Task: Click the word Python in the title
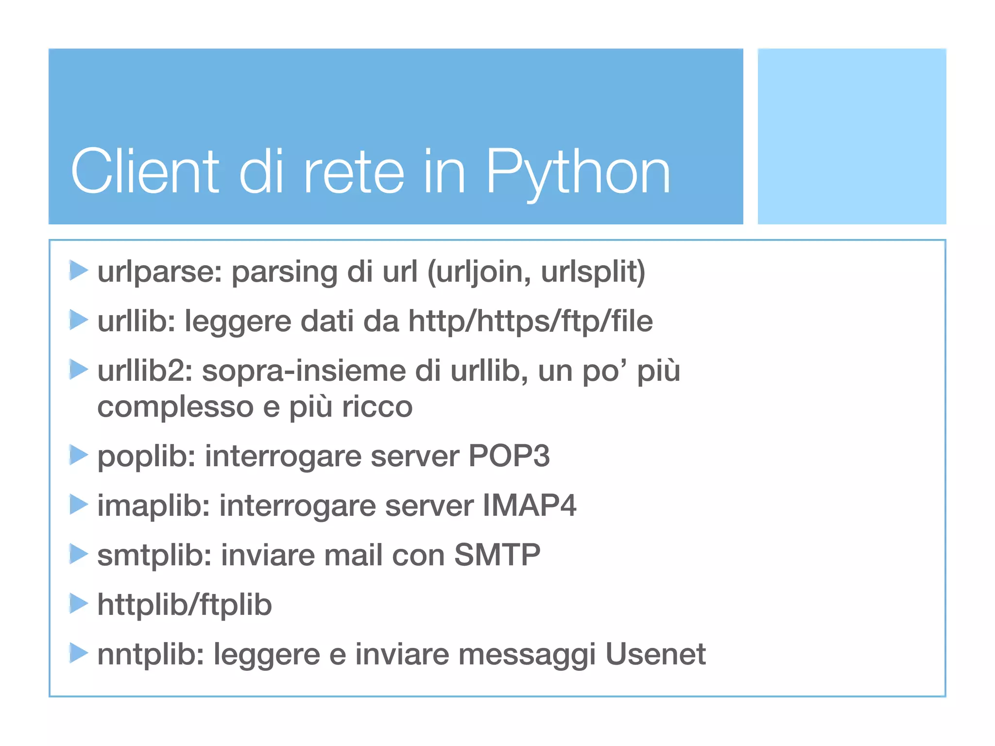click(x=578, y=172)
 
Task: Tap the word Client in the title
click(x=145, y=172)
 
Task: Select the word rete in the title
click(x=353, y=172)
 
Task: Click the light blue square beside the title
click(x=852, y=136)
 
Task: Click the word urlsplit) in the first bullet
click(x=593, y=271)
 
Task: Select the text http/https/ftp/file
click(x=531, y=321)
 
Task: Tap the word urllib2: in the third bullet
click(x=145, y=371)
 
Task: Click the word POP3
click(x=509, y=456)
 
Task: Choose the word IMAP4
click(x=529, y=506)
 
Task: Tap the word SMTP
click(x=497, y=555)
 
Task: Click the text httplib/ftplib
click(x=185, y=605)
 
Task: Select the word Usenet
click(x=655, y=654)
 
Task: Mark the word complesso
click(x=175, y=407)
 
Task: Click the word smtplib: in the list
click(x=154, y=555)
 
